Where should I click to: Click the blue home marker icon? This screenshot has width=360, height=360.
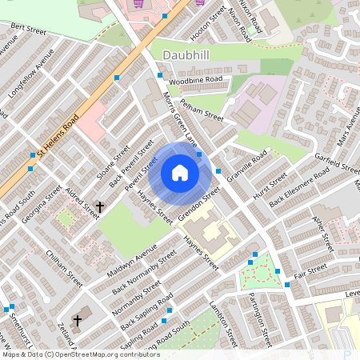[x=180, y=173]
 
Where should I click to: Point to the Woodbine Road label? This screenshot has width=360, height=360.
[x=194, y=81]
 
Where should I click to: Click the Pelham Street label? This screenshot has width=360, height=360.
[x=202, y=110]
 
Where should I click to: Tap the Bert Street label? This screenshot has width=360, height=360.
[x=28, y=30]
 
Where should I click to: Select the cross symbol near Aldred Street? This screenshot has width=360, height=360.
[x=100, y=207]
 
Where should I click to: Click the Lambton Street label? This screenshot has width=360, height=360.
[x=226, y=324]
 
